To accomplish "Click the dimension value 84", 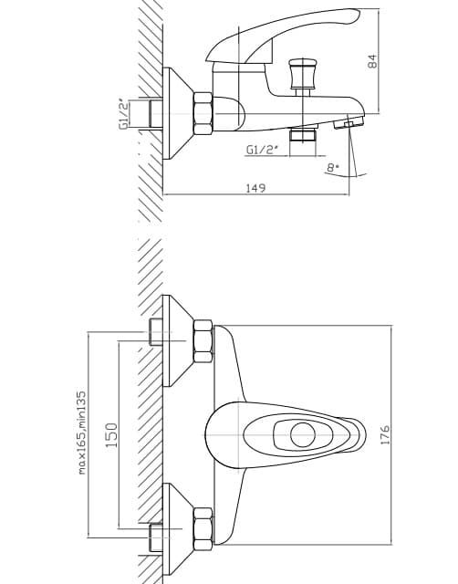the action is (372, 61).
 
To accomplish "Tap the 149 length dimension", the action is (256, 188).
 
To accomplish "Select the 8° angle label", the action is (332, 168).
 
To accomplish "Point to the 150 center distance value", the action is (111, 435).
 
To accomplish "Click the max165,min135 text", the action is (82, 433).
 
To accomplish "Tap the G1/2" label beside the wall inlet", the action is (124, 114).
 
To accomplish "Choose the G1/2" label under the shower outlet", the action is (262, 150).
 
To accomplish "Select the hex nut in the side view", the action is (203, 113).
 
